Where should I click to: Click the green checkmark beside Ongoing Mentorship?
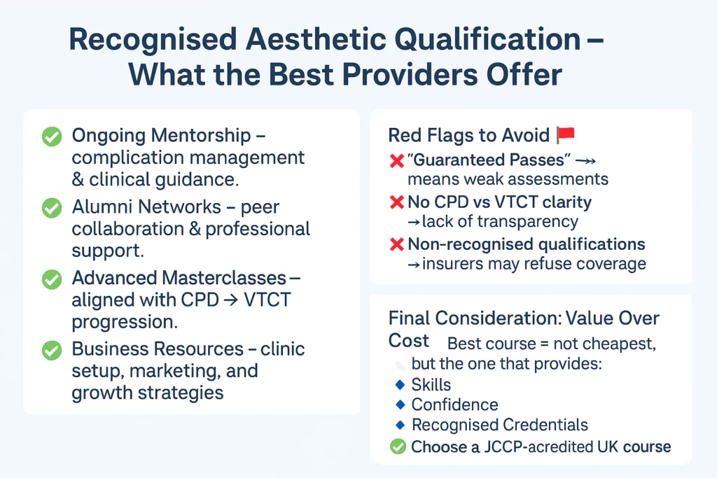click(x=52, y=136)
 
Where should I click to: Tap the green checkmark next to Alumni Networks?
click(x=52, y=208)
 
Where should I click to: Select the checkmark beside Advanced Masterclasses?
click(x=52, y=279)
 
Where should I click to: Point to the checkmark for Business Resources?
click(x=52, y=351)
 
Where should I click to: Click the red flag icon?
click(x=566, y=135)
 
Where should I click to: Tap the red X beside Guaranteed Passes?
click(x=396, y=160)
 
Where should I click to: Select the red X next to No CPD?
click(x=396, y=202)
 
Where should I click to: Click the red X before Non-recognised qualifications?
click(x=396, y=244)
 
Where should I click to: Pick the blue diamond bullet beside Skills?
click(x=400, y=385)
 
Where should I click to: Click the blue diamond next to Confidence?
click(x=400, y=405)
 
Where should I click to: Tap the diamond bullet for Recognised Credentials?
click(x=400, y=425)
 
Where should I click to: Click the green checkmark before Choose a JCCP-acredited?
click(x=398, y=447)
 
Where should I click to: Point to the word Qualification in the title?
click(x=487, y=40)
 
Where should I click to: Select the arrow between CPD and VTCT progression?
click(x=231, y=300)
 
